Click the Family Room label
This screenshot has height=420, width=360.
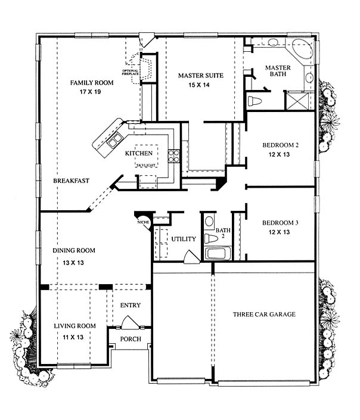pos(92,83)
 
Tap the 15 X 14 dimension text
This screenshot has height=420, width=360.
pos(199,85)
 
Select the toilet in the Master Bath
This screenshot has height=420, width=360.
pos(255,101)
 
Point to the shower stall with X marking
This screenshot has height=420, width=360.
pos(297,101)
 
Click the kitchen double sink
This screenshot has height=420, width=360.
pos(114,140)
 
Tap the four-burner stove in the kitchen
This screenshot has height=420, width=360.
pos(173,156)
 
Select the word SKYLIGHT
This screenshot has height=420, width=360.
pos(146,166)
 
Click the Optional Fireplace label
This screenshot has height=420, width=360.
pos(131,72)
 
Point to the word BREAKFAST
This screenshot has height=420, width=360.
pos(71,181)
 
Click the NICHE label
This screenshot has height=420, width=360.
pos(144,222)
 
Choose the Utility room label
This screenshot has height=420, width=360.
pos(184,239)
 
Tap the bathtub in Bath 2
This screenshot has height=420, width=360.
pos(218,253)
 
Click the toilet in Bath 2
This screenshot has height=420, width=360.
pos(211,238)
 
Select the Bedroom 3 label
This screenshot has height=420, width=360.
pos(280,223)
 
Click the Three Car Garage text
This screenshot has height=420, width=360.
pos(264,314)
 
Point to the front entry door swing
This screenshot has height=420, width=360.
pos(131,322)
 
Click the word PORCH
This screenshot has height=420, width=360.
pos(131,339)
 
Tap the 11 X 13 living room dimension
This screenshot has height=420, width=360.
pos(73,337)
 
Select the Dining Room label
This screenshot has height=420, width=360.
pos(74,251)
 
